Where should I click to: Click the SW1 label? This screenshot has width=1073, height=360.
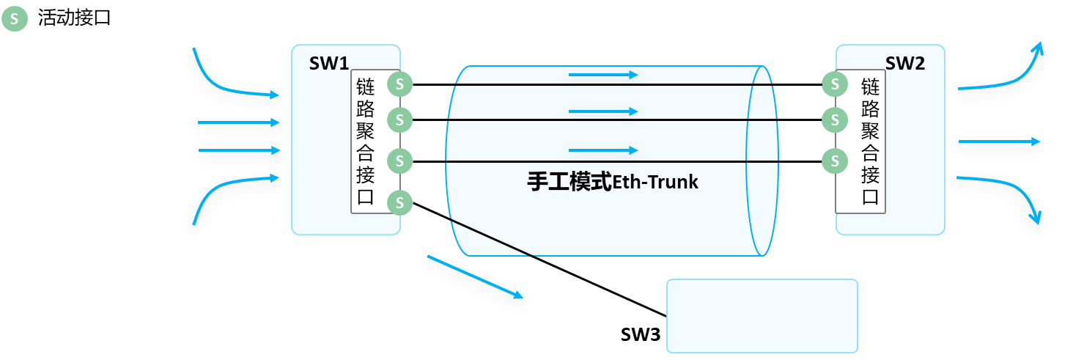click(328, 63)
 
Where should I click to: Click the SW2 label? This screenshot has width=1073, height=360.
click(904, 63)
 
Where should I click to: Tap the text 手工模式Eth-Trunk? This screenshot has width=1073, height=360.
click(613, 181)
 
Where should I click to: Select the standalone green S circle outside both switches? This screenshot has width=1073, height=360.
click(14, 19)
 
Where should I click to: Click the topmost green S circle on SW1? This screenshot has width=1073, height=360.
click(399, 84)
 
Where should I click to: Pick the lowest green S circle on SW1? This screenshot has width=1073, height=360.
click(399, 202)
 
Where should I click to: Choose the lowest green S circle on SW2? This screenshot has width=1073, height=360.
click(834, 160)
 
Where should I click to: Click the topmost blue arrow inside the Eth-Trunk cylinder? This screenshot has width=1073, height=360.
click(602, 74)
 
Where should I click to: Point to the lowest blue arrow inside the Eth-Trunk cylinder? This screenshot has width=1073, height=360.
click(602, 150)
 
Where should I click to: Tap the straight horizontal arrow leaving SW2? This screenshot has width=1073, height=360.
click(999, 142)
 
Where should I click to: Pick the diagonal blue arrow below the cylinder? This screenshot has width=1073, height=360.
click(475, 276)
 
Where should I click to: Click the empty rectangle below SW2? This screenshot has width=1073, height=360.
click(762, 315)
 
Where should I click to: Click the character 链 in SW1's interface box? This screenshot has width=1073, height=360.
click(365, 87)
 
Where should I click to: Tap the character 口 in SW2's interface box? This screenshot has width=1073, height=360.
click(870, 197)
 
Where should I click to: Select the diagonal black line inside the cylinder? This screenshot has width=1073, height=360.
click(489, 238)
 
